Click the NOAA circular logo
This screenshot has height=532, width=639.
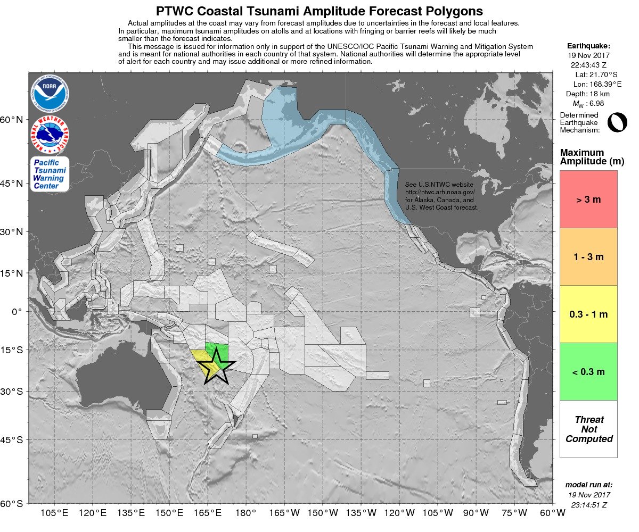[50, 94]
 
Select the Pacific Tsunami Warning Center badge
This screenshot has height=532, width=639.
[50, 174]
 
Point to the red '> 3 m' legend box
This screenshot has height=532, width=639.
[588, 199]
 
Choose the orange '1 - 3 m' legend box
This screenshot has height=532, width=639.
[588, 257]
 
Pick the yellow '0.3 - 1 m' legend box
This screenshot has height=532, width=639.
[588, 314]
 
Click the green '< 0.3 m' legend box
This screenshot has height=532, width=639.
[588, 372]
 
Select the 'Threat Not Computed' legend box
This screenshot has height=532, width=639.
[588, 429]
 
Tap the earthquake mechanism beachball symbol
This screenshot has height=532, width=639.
[617, 122]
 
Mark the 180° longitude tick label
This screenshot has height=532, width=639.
[245, 513]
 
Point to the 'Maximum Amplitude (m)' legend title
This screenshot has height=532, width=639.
[588, 157]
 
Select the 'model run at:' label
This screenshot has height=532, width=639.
[588, 485]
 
